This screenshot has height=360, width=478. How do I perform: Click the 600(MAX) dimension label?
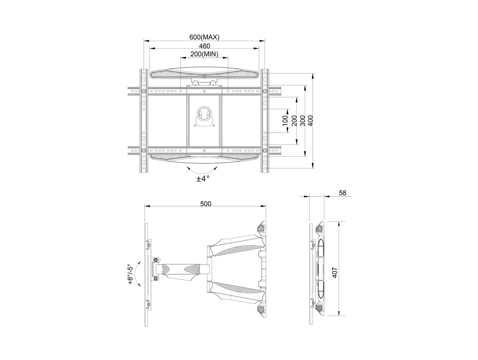(x=204, y=37)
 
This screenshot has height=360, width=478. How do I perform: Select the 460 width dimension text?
(x=204, y=46)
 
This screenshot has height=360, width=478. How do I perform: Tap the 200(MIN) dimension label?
(x=204, y=54)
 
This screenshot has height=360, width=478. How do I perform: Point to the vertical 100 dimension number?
(x=285, y=120)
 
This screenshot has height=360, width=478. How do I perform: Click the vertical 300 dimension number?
(x=303, y=120)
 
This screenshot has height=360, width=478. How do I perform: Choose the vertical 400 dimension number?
(x=311, y=120)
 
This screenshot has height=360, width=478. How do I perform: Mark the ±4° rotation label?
(x=203, y=179)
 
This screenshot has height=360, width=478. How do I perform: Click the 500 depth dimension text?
(x=206, y=204)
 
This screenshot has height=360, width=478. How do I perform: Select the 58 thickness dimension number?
(x=343, y=193)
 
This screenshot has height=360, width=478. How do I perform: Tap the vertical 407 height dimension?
(x=335, y=272)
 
